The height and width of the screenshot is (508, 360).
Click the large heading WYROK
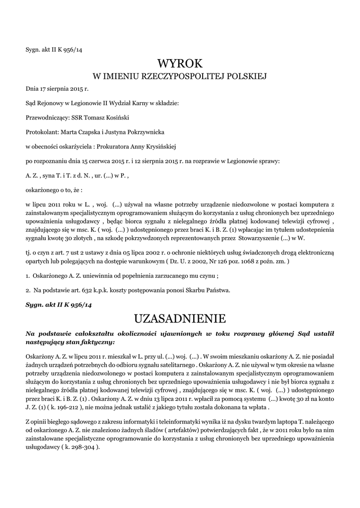(180, 63)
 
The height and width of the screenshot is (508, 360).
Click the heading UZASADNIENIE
(180, 317)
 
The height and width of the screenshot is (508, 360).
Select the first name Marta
(68, 132)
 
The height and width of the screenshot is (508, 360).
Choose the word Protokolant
(42, 132)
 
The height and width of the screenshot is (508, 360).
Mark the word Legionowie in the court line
(81, 103)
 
